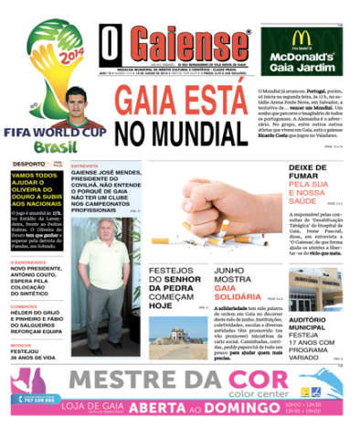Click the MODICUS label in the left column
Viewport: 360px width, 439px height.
(x=22, y=346)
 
